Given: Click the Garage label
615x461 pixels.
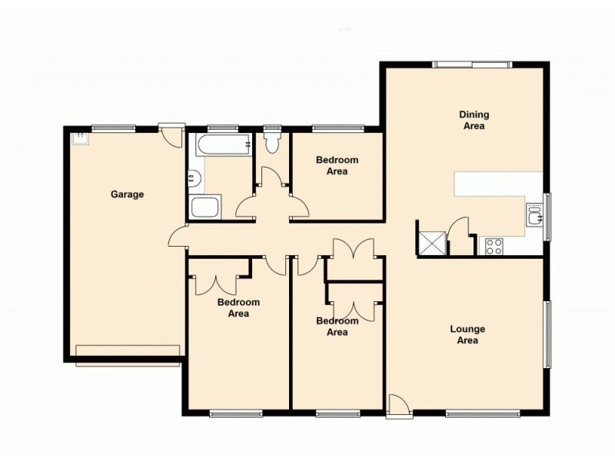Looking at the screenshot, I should (x=127, y=194).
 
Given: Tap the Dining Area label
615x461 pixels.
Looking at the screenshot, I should (x=474, y=120).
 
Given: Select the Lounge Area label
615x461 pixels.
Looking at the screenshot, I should (x=467, y=334).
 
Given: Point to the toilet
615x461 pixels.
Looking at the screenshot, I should (x=271, y=143).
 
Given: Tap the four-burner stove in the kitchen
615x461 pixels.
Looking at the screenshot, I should (x=494, y=247).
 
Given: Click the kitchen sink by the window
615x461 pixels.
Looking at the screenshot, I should (x=534, y=216).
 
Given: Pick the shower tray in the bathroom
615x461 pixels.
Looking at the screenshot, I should (x=205, y=207).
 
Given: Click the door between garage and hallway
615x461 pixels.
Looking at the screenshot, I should (x=178, y=237).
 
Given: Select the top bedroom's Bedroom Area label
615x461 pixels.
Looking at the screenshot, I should (x=337, y=165).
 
